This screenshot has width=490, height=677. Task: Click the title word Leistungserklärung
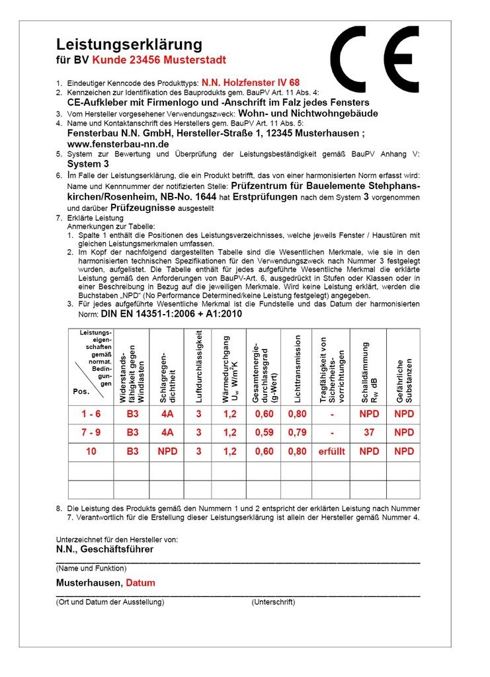coord(128,44)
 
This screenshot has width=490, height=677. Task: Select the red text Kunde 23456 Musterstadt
coord(159,60)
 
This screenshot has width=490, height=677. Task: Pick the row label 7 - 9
coord(91,432)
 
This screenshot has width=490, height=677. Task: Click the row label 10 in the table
coord(91,452)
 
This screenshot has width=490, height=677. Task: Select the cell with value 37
coord(369,432)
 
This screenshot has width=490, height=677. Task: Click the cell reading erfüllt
coord(333,452)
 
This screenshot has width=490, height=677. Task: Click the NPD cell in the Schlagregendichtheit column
coord(167,452)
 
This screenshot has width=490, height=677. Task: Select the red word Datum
coord(141,583)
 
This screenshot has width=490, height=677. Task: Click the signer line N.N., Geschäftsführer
coord(104,549)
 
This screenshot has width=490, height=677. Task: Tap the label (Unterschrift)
coord(273,602)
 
